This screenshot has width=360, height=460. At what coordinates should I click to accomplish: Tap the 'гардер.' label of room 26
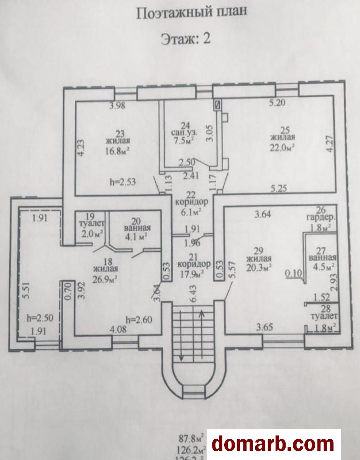321,219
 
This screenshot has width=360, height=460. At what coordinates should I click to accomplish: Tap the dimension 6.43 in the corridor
190,294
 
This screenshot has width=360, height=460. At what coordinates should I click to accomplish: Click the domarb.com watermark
273,444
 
